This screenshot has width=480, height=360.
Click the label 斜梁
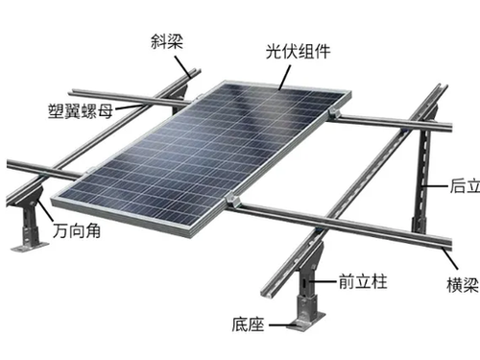point(166,42)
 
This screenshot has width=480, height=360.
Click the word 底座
point(251,322)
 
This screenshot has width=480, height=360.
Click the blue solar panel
point(202,149)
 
